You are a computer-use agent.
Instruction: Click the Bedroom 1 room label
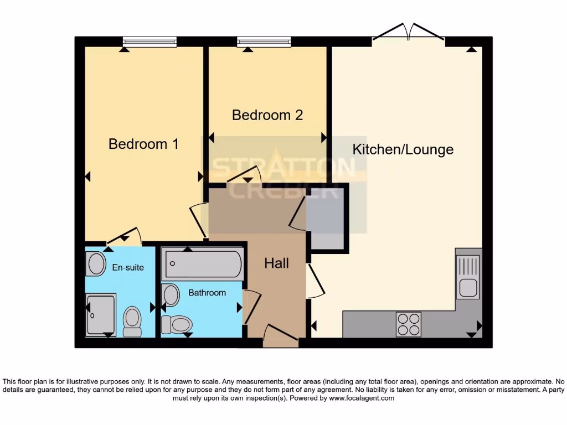143,144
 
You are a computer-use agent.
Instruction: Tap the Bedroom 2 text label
267,115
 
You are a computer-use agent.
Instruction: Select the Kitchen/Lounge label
403,149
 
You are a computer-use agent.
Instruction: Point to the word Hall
276,263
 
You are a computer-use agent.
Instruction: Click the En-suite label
128,268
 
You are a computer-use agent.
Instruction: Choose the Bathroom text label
207,293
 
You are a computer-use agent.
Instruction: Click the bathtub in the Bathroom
202,264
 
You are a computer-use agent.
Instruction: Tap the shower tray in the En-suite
101,314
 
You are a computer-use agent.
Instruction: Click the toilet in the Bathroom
176,324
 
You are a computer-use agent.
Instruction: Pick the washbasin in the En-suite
96,264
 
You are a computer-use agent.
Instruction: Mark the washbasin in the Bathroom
171,295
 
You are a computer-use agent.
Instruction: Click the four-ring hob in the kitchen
408,324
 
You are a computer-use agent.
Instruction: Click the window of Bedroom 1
150,42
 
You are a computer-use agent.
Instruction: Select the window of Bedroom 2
264,42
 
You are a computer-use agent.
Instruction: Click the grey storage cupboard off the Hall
327,218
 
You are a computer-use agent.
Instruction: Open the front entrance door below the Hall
280,338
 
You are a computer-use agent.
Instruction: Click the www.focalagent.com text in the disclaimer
362,398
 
